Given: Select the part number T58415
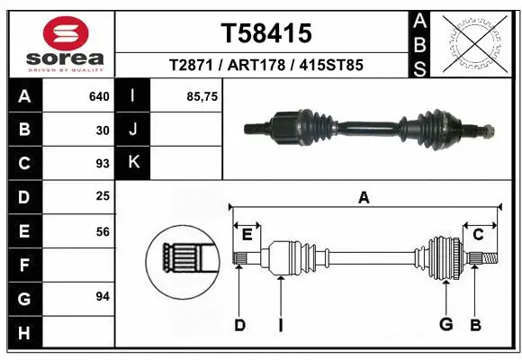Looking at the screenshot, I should tap(266, 33).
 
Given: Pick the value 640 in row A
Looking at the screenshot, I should tap(99, 96).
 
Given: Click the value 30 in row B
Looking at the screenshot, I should tap(103, 130).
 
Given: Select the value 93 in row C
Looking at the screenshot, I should tap(103, 164).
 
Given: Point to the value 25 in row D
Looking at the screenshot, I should tap(103, 196).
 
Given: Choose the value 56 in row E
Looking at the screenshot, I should tap(103, 230).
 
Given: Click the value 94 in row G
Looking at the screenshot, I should tap(103, 296).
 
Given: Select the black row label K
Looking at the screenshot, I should tap(133, 163).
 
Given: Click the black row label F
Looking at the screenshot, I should tap(23, 265).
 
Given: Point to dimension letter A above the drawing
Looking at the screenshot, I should tap(364, 198).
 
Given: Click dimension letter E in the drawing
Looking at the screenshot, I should tap(247, 235).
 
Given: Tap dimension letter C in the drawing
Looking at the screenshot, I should tap(479, 235).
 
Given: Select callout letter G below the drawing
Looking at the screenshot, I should tap(445, 324).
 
